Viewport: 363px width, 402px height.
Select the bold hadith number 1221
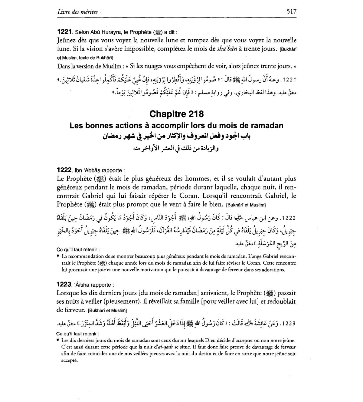point(64,31)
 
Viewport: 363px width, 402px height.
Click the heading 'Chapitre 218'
point(177,114)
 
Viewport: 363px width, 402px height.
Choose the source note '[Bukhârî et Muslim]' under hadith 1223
point(107,311)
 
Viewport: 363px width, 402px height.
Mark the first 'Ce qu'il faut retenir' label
point(78,250)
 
